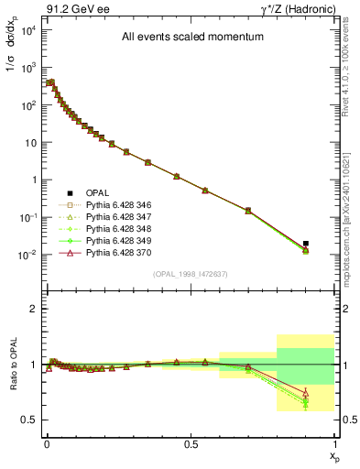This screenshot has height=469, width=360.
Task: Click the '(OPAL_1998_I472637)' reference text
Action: [189, 274]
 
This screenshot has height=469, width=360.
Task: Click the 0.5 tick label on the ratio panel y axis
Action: [28, 420]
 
